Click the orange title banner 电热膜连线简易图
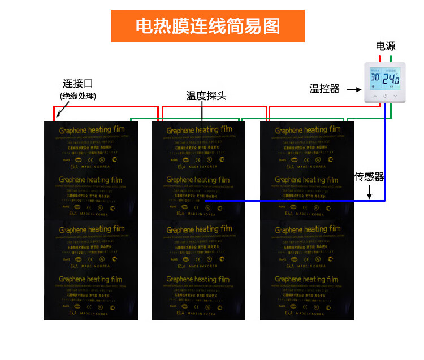click(x=207, y=26)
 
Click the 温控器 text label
click(x=325, y=89)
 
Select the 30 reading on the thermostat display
click(x=375, y=77)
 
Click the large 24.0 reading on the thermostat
click(x=391, y=79)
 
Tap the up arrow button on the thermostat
click(x=374, y=97)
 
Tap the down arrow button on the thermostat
click(x=395, y=97)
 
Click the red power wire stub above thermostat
click(x=380, y=58)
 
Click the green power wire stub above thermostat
click(x=391, y=58)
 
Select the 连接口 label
click(x=77, y=84)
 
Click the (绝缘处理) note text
click(x=78, y=96)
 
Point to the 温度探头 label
click(x=206, y=96)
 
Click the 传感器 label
click(x=369, y=177)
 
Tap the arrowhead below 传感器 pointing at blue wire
click(x=369, y=197)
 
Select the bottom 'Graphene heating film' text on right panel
click(x=306, y=279)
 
